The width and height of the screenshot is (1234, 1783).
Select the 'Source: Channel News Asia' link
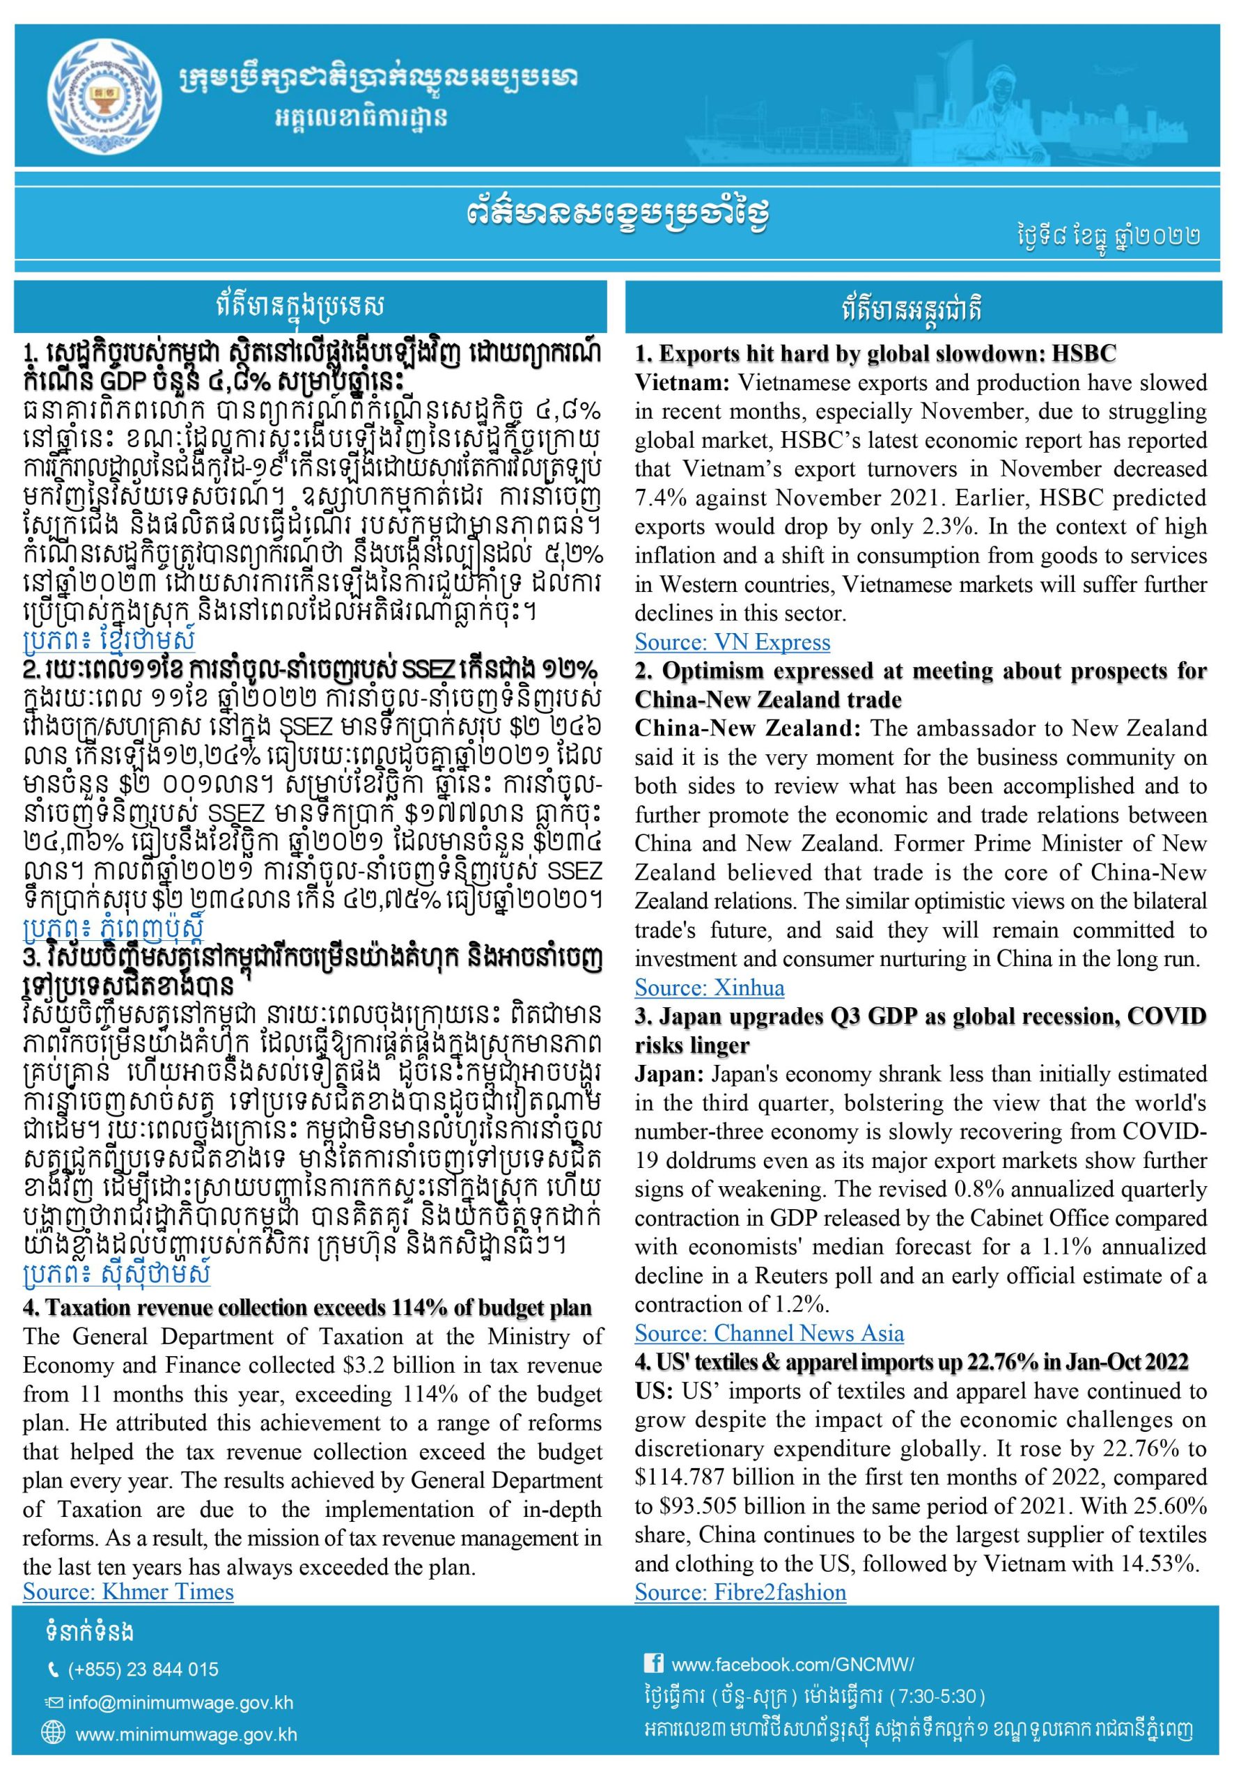(769, 1333)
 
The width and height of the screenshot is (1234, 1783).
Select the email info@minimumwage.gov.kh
(180, 1703)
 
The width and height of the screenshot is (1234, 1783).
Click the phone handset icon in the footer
(52, 1670)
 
